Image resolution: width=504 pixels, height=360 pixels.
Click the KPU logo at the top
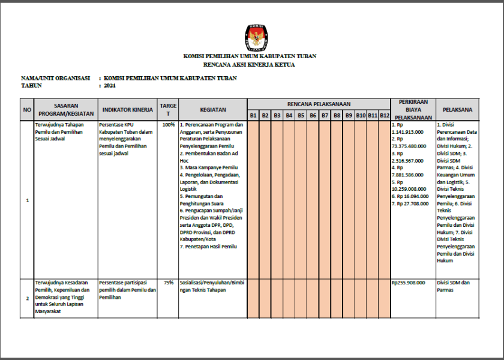click(x=254, y=37)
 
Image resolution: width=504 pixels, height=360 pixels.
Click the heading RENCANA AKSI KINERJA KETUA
click(x=250, y=64)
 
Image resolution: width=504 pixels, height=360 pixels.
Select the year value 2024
click(x=109, y=86)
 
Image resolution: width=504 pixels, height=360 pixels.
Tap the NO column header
click(x=27, y=110)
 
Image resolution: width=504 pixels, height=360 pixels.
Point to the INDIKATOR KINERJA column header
click(x=127, y=110)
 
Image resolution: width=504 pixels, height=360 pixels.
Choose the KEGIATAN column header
click(x=213, y=110)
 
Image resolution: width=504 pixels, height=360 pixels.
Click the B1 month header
click(x=253, y=115)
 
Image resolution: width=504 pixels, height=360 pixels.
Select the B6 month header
click(x=313, y=115)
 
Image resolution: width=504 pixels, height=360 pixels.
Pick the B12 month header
click(x=385, y=115)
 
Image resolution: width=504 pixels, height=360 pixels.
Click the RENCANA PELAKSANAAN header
click(x=319, y=104)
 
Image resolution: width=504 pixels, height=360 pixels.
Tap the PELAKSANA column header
click(x=457, y=110)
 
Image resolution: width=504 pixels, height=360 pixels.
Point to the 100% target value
click(x=169, y=125)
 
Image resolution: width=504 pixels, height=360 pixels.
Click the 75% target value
click(x=169, y=282)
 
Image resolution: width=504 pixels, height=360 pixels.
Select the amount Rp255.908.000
click(x=408, y=282)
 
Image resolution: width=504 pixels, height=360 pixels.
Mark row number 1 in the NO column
click(x=27, y=200)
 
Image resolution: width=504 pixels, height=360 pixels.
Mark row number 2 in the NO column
click(x=27, y=298)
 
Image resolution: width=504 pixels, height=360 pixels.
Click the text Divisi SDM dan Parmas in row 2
click(x=453, y=286)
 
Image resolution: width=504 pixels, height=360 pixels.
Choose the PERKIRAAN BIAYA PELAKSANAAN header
click(x=413, y=110)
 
